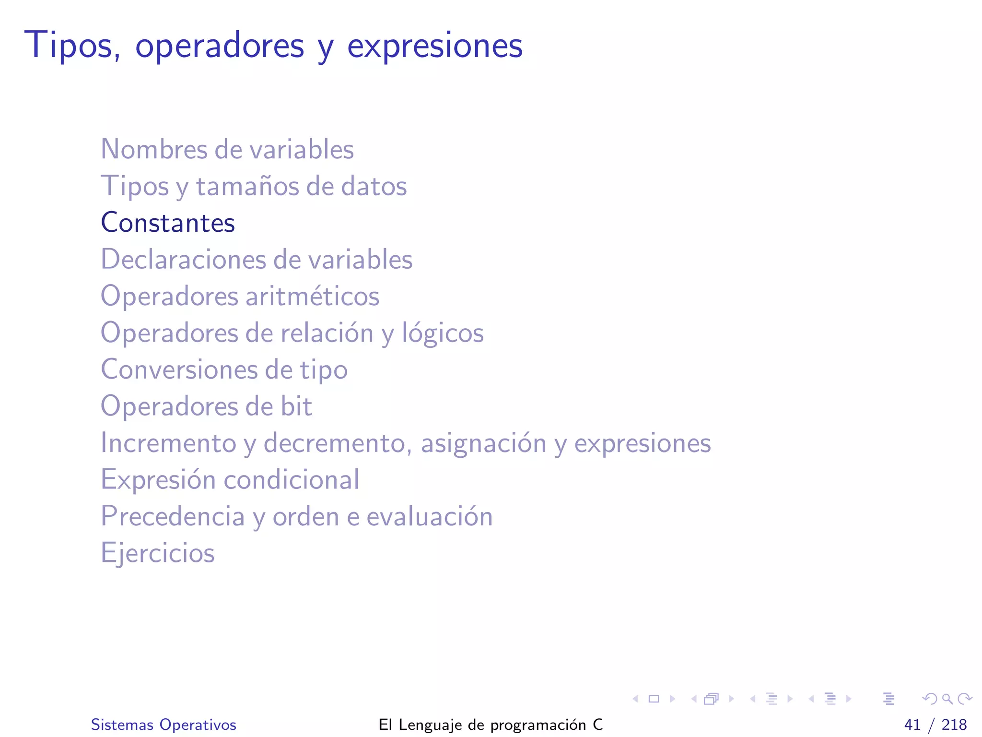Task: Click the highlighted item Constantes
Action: point(168,223)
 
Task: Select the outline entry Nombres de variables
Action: point(227,149)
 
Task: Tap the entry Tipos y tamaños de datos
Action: point(254,186)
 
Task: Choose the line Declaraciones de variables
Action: point(257,260)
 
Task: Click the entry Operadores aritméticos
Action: point(240,296)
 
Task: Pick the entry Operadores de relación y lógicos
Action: point(292,333)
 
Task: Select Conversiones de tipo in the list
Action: point(224,370)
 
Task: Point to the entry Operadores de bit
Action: point(206,406)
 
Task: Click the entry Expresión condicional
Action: point(230,480)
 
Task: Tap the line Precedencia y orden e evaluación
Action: point(296,517)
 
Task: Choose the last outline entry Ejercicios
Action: point(157,553)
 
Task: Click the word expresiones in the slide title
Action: point(434,46)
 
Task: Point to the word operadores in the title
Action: point(220,46)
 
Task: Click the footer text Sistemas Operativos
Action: point(164,725)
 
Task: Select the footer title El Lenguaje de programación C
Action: point(491,725)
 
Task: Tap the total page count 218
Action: point(954,725)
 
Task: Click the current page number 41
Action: point(912,725)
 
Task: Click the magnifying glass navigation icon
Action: point(947,699)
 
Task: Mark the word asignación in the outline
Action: point(483,443)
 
